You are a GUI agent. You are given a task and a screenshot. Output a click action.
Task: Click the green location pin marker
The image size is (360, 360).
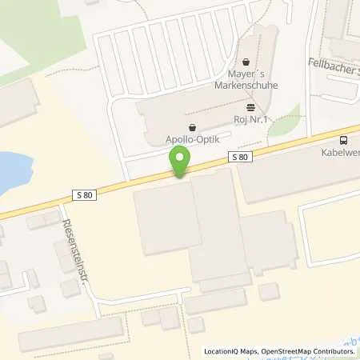(181, 163)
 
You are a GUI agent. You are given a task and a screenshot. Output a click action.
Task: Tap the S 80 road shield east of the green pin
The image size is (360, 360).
(240, 158)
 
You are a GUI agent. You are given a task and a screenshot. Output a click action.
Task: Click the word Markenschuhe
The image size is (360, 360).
(245, 82)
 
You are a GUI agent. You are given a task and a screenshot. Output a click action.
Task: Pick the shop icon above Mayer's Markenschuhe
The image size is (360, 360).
(246, 60)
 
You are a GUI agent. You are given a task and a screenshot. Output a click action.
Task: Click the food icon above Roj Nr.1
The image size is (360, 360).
(251, 106)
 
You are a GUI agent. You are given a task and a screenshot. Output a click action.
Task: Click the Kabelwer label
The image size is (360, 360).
(342, 150)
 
